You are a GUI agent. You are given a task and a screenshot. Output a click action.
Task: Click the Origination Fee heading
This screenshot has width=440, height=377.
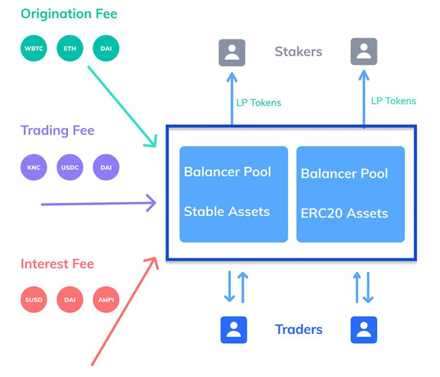69,13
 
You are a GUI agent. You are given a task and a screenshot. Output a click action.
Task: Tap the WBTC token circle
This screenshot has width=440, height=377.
34,50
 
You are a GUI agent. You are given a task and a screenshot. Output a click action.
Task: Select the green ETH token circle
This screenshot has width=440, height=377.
70,50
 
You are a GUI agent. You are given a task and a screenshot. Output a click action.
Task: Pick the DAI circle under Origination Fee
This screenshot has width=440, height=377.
106,50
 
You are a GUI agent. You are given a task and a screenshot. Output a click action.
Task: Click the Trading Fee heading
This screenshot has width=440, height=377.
57,130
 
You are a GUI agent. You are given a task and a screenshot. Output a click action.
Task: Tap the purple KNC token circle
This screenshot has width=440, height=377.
34,167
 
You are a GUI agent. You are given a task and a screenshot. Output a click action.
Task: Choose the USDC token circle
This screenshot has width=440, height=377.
70,167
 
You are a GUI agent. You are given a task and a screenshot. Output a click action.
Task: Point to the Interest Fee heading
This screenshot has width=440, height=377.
57,264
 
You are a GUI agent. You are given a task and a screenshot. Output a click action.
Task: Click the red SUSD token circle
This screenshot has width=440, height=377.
34,300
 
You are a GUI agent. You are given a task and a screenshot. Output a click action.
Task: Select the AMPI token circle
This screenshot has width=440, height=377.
106,300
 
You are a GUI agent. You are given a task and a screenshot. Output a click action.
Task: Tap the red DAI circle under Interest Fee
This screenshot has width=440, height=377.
70,300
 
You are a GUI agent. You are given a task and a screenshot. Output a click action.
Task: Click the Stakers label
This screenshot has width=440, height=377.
298,52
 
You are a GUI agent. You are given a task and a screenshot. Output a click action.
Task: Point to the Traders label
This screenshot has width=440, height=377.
299,329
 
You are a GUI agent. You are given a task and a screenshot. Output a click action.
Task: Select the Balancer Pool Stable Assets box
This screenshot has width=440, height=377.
233,194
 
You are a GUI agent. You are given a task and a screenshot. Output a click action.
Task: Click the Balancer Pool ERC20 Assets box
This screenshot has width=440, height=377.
350,194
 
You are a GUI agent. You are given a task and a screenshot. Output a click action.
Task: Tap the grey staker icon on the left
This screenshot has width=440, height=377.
232,52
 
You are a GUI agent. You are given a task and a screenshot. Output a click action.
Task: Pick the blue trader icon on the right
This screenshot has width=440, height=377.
364,329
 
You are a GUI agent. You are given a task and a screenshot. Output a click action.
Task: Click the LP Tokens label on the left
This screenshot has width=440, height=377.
258,103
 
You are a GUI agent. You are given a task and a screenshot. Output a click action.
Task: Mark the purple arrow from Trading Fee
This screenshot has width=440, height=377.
98,203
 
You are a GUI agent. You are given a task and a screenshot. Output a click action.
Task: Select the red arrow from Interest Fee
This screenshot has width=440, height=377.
124,310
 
